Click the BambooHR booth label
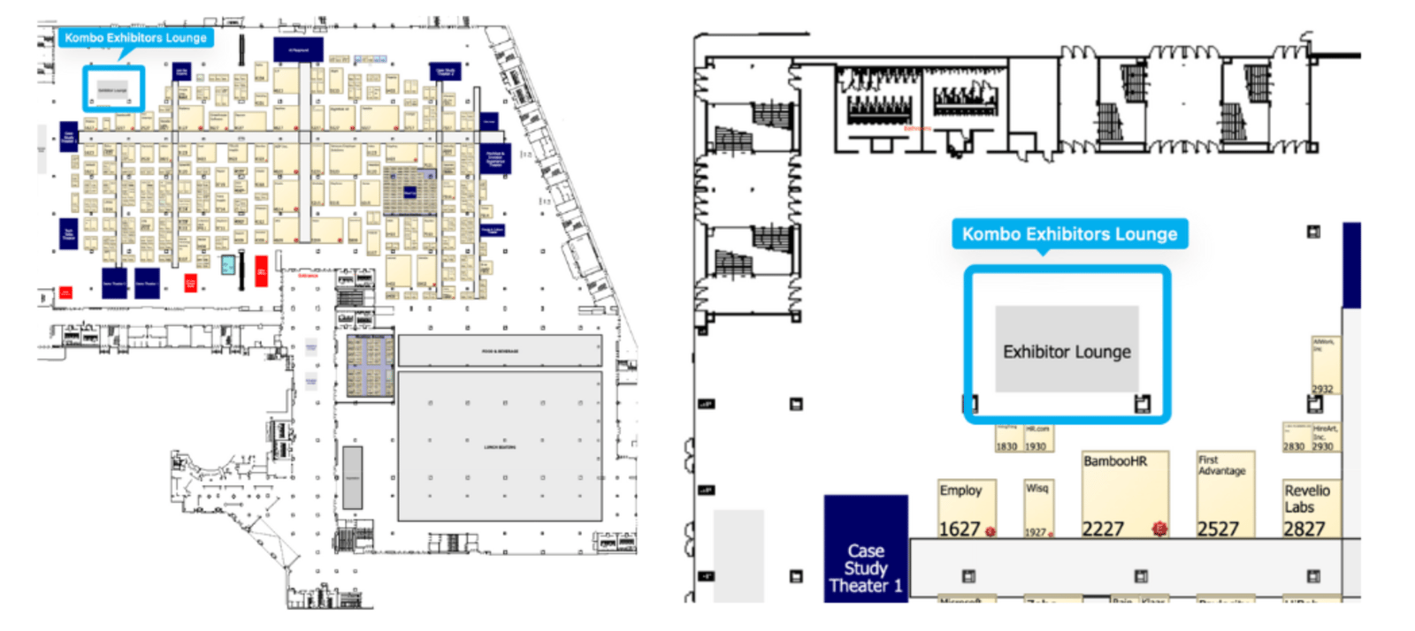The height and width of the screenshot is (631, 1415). (1114, 461)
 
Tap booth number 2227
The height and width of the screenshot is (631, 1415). (1103, 528)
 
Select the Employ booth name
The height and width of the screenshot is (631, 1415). (960, 490)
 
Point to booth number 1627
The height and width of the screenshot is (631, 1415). (959, 528)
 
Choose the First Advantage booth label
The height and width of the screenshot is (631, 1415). (1221, 466)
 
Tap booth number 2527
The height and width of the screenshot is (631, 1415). (1218, 528)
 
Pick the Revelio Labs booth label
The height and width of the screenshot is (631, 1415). (1306, 498)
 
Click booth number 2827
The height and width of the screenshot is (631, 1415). (1304, 528)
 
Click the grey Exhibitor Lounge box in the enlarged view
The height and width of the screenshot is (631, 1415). (1067, 351)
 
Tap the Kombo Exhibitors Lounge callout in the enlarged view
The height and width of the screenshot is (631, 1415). (1069, 234)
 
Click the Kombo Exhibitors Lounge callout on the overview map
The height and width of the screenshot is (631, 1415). (135, 38)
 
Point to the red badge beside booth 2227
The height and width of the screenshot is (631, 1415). (1159, 528)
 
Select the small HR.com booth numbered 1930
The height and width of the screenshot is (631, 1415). (1037, 438)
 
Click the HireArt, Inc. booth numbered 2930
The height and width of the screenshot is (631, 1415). (1323, 437)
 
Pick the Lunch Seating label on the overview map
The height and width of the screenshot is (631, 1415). (500, 447)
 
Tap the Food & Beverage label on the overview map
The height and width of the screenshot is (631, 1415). (500, 352)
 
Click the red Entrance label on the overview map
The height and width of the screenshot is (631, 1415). (308, 276)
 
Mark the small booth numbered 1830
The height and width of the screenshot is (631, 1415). (1007, 438)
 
